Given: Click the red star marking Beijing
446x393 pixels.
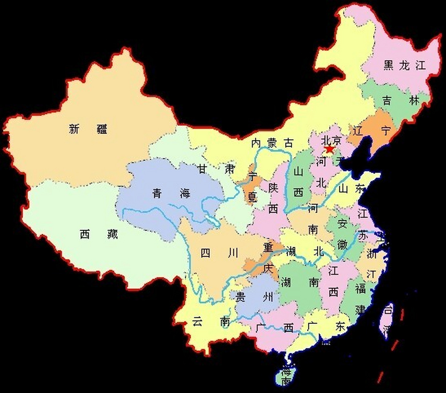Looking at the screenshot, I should (x=329, y=150).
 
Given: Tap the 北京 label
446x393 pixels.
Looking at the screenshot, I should (x=331, y=141).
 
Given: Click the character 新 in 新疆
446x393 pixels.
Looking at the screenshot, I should (x=74, y=129).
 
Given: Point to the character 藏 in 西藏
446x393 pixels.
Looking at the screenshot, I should (x=112, y=234).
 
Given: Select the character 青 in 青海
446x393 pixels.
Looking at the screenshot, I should (x=157, y=193).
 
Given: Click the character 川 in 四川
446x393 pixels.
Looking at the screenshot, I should (x=233, y=253).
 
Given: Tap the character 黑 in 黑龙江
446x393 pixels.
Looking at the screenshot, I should (x=388, y=65).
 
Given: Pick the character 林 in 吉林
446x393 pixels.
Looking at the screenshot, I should (x=414, y=100).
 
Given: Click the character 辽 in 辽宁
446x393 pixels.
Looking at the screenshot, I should (x=358, y=131).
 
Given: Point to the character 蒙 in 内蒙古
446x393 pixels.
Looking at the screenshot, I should (x=272, y=143).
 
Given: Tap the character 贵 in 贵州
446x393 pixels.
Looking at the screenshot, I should (x=240, y=297).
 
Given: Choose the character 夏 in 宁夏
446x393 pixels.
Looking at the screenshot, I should (x=252, y=197).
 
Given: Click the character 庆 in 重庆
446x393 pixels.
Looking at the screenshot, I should (x=268, y=269).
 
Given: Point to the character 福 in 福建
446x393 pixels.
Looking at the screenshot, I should (x=360, y=289).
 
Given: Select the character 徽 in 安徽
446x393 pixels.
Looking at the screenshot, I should (x=342, y=244).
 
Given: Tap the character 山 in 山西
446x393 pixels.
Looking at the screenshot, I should (x=298, y=171).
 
